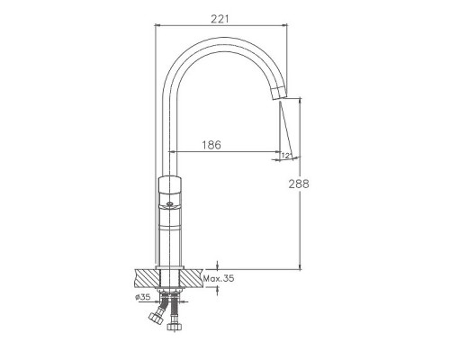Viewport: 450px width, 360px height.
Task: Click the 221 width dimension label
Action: [220, 19]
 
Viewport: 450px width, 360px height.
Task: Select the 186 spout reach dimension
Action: [211, 145]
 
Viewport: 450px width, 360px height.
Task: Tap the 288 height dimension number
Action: [299, 184]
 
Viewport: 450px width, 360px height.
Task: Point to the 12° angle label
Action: [286, 156]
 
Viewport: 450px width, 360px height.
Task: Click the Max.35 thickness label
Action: [219, 278]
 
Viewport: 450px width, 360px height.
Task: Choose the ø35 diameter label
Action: [142, 297]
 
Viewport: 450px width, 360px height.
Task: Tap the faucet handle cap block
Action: [170, 185]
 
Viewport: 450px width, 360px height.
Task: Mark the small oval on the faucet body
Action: [170, 204]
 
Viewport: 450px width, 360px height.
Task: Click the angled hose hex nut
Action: [156, 317]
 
